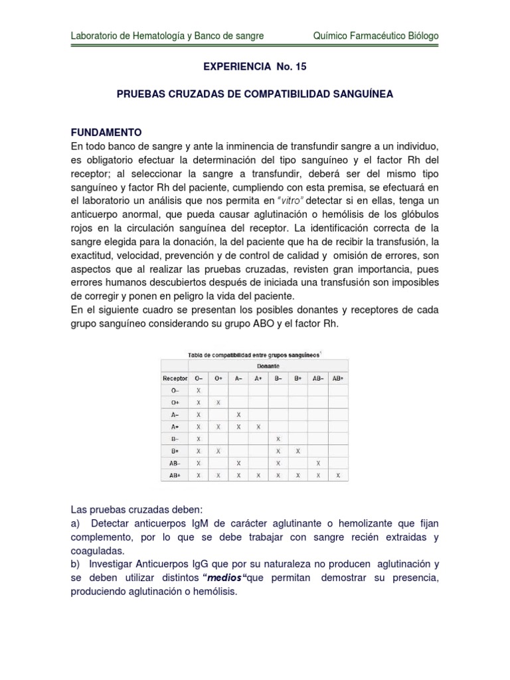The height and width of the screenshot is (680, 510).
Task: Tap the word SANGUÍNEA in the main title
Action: [x=359, y=94]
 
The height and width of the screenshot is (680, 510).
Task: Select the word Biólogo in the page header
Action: [x=420, y=36]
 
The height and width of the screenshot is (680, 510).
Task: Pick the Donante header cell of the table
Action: [x=268, y=366]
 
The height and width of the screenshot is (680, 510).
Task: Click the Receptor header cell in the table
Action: [x=175, y=378]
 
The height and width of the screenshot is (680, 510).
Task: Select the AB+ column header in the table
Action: [x=337, y=378]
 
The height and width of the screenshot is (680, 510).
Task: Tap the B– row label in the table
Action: [x=175, y=439]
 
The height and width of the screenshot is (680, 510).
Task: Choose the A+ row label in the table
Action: [x=175, y=426]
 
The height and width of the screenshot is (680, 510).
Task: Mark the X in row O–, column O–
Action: [x=198, y=390]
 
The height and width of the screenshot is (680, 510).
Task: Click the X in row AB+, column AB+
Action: [x=337, y=475]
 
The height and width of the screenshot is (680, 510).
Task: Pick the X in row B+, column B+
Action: [x=297, y=451]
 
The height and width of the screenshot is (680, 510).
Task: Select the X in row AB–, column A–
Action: [x=238, y=463]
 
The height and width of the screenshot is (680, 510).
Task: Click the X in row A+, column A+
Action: [x=258, y=426]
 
